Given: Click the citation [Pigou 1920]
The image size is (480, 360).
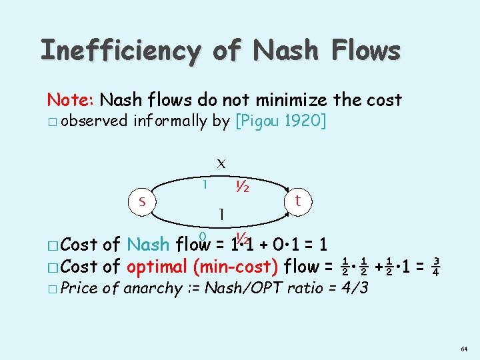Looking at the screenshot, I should click(x=281, y=121).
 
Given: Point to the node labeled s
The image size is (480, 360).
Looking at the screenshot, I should click(x=141, y=199).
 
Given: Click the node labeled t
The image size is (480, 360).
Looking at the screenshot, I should click(x=299, y=199).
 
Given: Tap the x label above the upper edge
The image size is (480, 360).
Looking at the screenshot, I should click(x=221, y=162).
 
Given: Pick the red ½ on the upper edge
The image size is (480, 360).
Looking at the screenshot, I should click(x=242, y=187).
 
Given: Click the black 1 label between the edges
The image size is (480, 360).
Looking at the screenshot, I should click(x=221, y=213).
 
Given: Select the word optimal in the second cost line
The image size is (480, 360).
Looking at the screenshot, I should click(x=157, y=267).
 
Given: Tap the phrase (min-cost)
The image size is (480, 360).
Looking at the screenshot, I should click(x=235, y=267).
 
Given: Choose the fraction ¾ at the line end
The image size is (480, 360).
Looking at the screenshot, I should click(x=434, y=266).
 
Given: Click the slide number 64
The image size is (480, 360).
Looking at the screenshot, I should click(x=463, y=348).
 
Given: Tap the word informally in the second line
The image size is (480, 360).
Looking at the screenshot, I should click(x=169, y=121).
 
